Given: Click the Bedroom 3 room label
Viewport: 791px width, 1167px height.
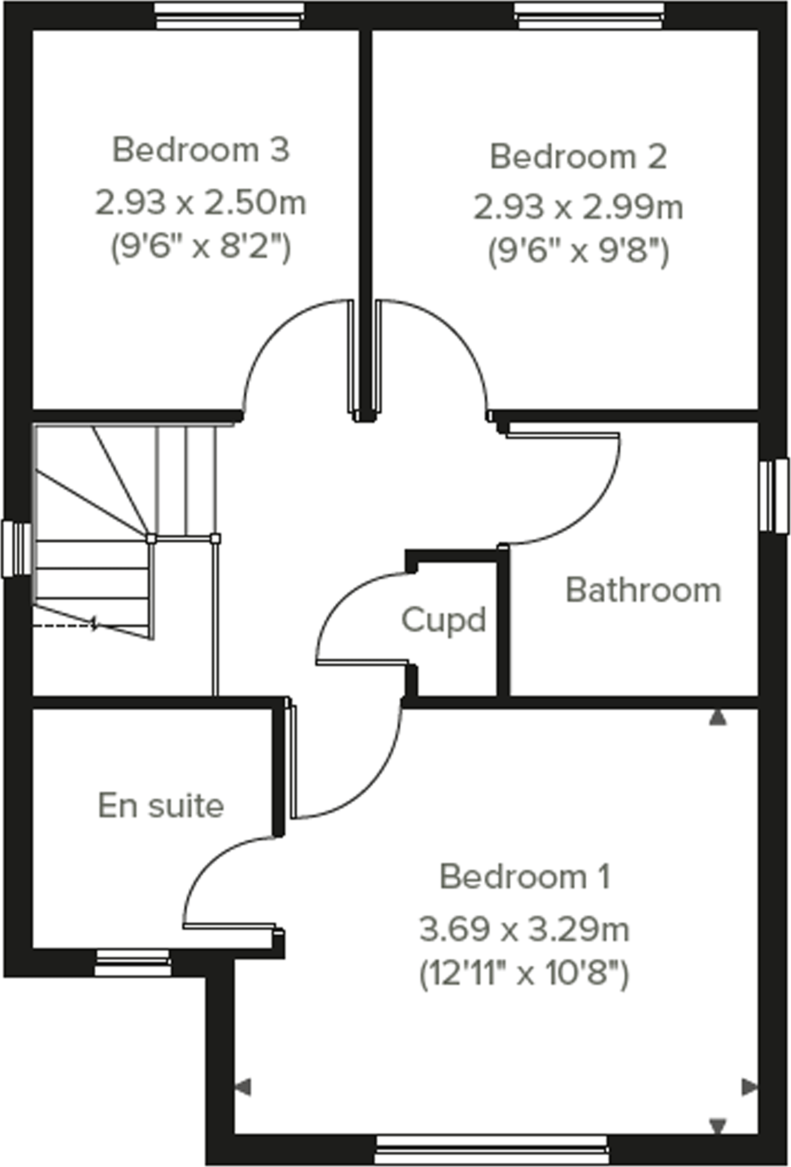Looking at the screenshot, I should (201, 150).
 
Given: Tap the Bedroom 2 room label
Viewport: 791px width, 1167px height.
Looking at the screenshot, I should (578, 157).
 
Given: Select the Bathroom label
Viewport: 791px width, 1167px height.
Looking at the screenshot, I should (643, 590).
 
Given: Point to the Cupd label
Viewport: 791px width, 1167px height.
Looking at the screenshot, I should (443, 620).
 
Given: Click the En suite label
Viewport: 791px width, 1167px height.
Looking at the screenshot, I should (161, 806).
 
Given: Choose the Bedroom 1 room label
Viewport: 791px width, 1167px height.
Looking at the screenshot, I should (525, 877).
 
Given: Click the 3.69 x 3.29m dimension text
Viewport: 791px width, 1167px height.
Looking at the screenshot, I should (524, 930).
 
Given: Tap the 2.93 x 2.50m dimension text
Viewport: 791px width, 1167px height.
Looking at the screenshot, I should (201, 203).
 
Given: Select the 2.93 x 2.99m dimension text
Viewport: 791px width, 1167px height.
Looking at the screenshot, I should (578, 207).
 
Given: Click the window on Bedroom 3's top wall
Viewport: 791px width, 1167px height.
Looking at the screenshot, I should (228, 15).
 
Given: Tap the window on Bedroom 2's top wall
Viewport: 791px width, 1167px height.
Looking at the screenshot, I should (590, 15).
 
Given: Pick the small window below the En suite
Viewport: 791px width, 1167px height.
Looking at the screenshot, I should (132, 962).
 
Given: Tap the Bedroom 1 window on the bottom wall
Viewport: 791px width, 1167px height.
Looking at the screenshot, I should (492, 1150).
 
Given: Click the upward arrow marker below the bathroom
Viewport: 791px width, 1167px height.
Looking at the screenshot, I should (718, 719).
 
